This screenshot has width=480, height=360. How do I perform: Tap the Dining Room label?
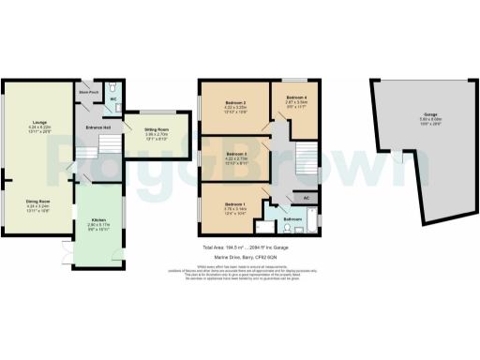coord(39,201)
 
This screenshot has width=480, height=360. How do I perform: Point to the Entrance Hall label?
coord(99,127)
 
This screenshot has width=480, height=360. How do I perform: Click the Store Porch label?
coord(89,93)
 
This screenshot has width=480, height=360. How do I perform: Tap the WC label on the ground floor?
coord(112,97)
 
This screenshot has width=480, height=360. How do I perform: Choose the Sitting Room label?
coord(156,130)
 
